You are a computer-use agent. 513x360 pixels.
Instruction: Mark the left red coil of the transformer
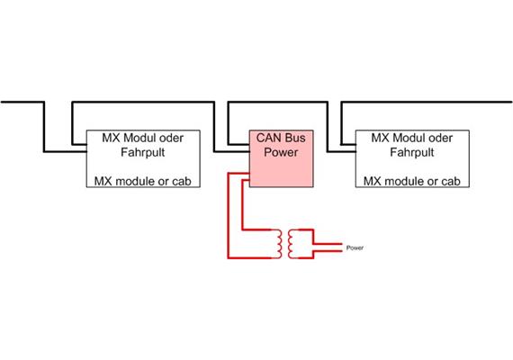click(x=281, y=241)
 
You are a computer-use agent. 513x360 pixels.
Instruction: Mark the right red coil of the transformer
click(x=298, y=241)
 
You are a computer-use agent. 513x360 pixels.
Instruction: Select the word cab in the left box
click(x=187, y=181)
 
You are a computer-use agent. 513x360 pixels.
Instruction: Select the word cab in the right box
click(x=457, y=181)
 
